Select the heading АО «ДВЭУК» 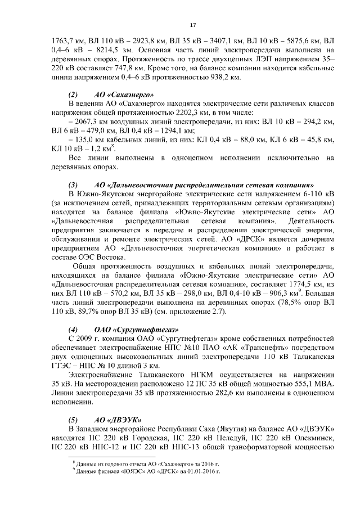pyautogui.click(x=119, y=420)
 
